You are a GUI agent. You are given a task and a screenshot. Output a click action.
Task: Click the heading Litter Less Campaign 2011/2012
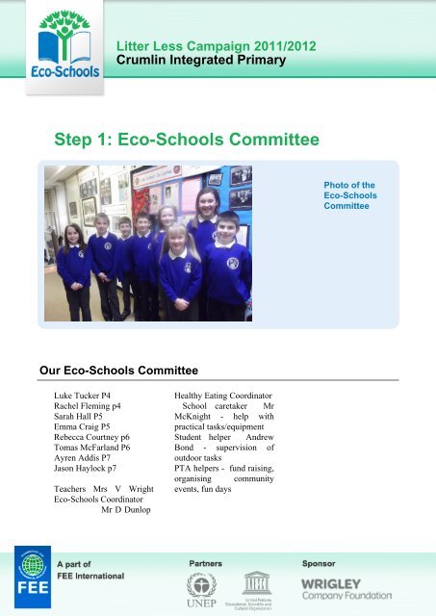[x=216, y=46]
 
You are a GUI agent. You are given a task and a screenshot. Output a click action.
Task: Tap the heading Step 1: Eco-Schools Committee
[x=188, y=141]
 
